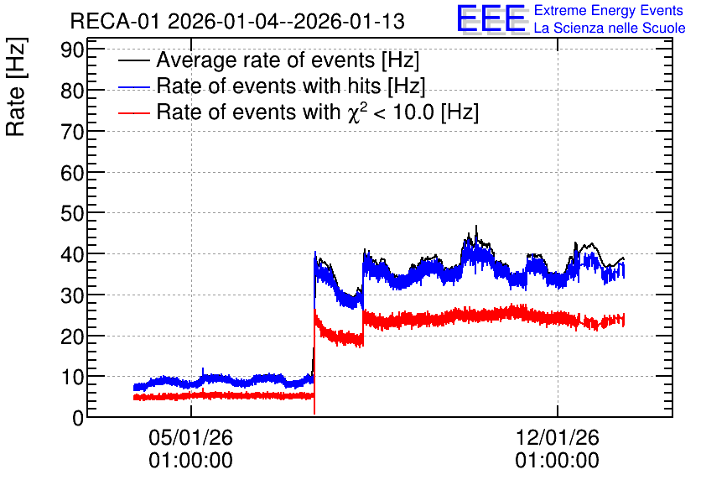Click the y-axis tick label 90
pos(72,50)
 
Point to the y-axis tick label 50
pos(72,213)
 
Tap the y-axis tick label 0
pos(78,418)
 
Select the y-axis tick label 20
pos(72,337)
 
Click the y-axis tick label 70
pos(72,132)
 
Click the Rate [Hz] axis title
pos(16,86)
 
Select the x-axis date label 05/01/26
pos(191,437)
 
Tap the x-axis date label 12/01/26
pos(558,437)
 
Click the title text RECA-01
pos(115,21)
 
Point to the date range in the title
pos(287,21)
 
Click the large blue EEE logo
pos(491,18)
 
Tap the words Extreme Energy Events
pos(609,10)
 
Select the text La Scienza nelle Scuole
pos(610,28)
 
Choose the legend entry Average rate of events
pos(288,60)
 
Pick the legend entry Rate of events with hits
pos(291,86)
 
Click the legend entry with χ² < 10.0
pos(318,112)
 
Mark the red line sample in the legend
pos(133,113)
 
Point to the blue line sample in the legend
pos(133,87)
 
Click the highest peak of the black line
pos(476,226)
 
